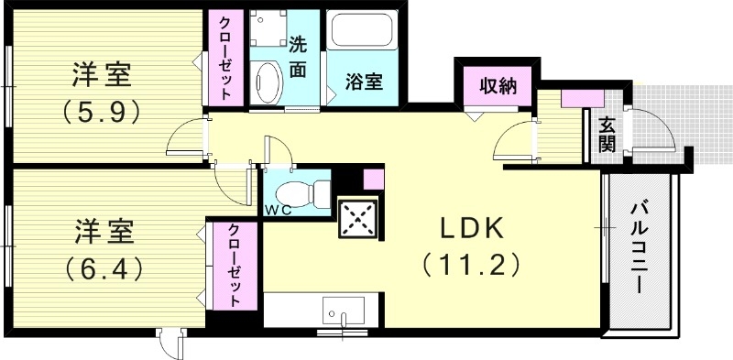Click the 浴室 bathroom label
click(364, 81)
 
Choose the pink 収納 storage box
click(496, 87)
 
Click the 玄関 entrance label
click(607, 134)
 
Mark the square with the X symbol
click(358, 221)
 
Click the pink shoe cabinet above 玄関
click(576, 95)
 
